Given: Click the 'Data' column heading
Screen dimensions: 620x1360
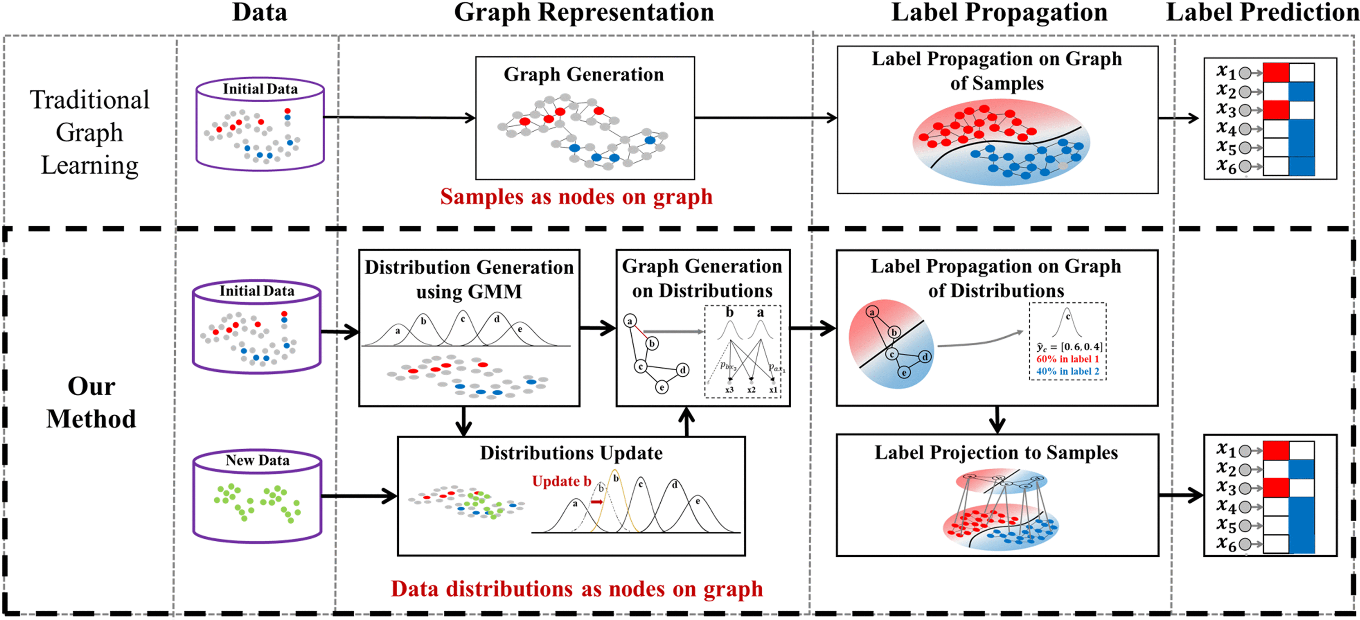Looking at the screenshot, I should [260, 13].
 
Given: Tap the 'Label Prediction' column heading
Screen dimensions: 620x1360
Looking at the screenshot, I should [1262, 13].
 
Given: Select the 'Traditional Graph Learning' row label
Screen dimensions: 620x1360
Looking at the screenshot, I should [90, 132].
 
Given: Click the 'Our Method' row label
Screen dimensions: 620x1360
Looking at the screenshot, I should [91, 402].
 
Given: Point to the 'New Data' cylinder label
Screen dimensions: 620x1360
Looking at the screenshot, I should [258, 460].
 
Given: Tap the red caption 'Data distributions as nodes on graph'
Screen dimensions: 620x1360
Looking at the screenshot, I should [577, 589].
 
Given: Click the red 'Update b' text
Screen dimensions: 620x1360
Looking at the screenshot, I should [561, 481].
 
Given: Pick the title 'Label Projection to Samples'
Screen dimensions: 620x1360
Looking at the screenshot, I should [996, 453].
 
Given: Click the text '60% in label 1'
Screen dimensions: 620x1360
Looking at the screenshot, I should [1068, 359].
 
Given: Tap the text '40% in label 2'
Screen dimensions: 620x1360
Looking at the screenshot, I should [1068, 371].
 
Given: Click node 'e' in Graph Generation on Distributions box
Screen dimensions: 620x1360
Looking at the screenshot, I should [661, 388].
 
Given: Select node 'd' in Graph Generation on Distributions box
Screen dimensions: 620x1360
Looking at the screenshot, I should [683, 370].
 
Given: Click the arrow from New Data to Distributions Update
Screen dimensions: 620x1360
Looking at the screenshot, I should [359, 496].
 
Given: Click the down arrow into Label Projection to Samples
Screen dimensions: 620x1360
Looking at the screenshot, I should [997, 420].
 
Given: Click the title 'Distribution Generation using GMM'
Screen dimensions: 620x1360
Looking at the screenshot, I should [469, 279].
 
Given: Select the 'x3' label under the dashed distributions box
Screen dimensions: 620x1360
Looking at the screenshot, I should [729, 390].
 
